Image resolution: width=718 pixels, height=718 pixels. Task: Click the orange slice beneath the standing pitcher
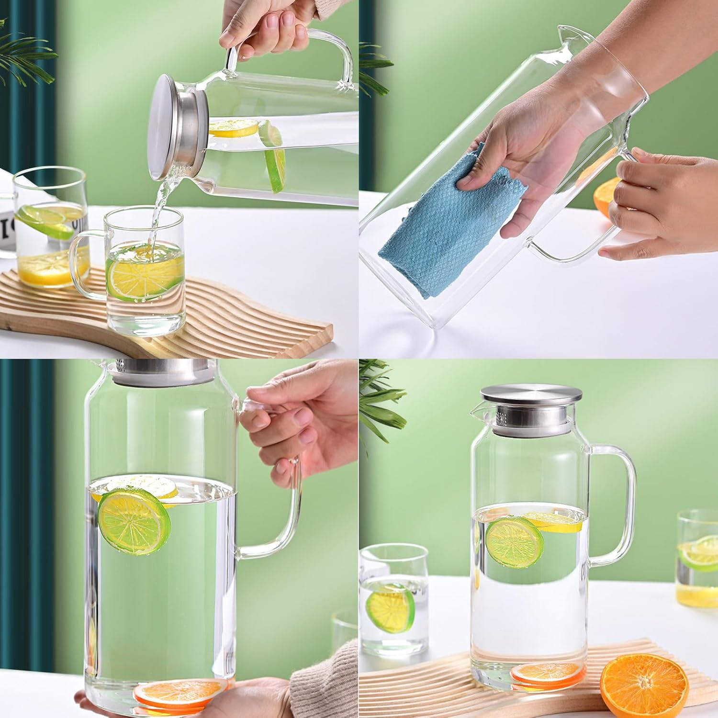(x=546, y=673)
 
